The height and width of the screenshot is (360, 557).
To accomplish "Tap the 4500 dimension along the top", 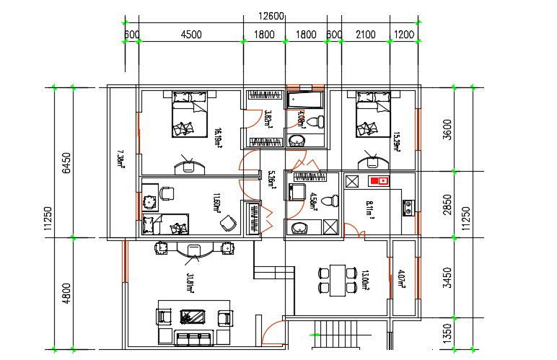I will (x=190, y=34).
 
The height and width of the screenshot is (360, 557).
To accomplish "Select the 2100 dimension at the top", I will (x=365, y=34).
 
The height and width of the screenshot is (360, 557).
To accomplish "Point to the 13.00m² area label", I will (x=365, y=278).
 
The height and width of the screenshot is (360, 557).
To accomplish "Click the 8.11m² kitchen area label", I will (x=369, y=210).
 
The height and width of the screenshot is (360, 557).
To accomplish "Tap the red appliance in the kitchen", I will (x=379, y=180).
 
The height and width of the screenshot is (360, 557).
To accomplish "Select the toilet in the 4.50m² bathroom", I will (x=329, y=201).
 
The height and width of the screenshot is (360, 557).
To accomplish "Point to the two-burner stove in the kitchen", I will (x=408, y=208).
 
